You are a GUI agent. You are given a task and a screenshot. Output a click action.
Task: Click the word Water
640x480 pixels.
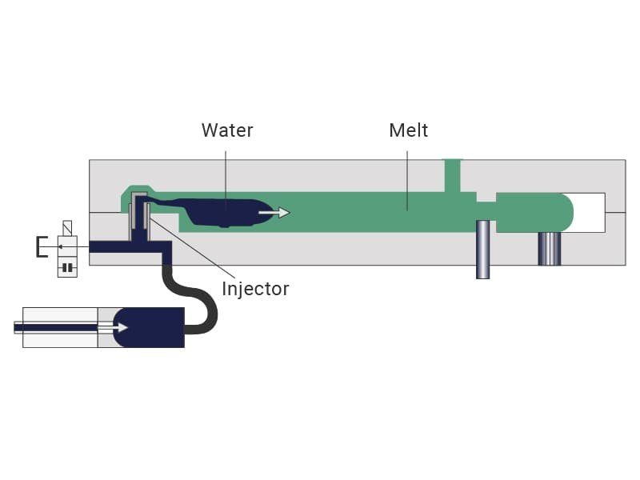227,130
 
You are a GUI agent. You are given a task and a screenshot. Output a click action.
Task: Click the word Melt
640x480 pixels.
409,130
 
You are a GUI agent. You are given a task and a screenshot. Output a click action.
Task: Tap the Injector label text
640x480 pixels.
255,289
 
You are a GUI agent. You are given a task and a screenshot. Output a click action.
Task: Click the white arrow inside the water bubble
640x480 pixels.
274,212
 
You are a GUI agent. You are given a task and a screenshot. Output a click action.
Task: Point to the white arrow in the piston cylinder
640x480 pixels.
113,327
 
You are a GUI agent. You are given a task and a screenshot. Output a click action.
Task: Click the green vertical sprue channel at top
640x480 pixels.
452,175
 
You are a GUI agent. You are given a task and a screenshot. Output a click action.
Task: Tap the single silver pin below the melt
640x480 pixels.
483,250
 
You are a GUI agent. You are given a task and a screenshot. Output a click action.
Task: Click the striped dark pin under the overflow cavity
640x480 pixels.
550,249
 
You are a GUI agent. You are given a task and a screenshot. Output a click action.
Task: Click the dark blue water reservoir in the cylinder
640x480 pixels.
149,327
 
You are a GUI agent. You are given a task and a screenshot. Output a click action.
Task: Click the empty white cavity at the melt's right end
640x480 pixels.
589,212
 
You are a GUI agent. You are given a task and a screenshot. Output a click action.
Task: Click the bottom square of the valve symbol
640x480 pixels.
67,267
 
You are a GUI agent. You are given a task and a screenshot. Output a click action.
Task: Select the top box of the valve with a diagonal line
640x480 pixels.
67,228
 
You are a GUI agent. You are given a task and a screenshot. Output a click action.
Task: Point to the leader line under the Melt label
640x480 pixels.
407,181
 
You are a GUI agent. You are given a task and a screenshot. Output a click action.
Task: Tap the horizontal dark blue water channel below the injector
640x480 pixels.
130,247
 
